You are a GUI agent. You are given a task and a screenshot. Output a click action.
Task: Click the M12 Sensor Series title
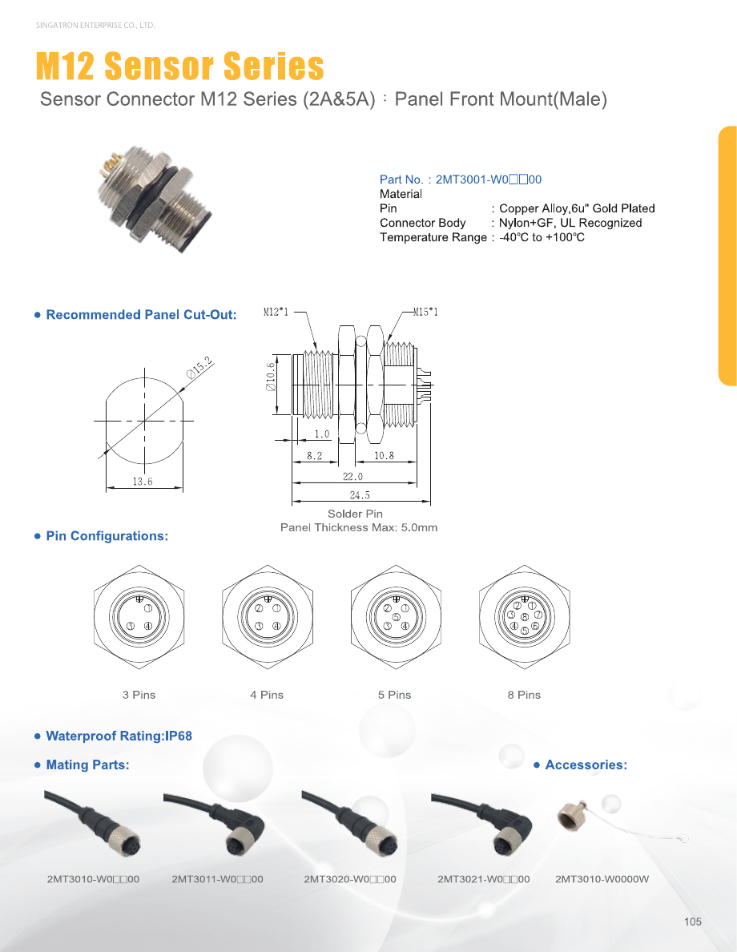pyautogui.click(x=179, y=66)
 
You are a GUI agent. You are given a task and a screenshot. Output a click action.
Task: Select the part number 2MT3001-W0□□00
pyautogui.click(x=489, y=180)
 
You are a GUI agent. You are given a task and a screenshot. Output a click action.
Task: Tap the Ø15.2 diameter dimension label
pyautogui.click(x=199, y=368)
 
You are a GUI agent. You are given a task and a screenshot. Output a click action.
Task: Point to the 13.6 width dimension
pyautogui.click(x=143, y=482)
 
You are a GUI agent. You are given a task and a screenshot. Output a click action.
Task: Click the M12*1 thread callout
pyautogui.click(x=276, y=312)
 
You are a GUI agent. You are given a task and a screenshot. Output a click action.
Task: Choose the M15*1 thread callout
pyautogui.click(x=425, y=312)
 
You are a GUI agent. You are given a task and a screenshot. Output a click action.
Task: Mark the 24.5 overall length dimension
pyautogui.click(x=360, y=494)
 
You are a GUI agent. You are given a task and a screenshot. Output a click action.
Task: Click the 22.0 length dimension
pyautogui.click(x=352, y=477)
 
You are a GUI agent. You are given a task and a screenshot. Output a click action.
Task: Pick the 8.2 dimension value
pyautogui.click(x=315, y=455)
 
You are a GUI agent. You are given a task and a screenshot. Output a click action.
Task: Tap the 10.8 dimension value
pyautogui.click(x=384, y=455)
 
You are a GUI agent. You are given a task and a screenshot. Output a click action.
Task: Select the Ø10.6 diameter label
pyautogui.click(x=271, y=377)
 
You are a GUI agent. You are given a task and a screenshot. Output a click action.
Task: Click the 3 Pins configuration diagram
pyautogui.click(x=139, y=617)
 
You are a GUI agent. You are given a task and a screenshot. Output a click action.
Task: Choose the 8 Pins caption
pyautogui.click(x=524, y=695)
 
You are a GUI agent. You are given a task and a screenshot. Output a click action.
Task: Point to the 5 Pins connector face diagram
pyautogui.click(x=396, y=617)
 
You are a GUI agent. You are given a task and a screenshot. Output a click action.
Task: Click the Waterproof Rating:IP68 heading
pyautogui.click(x=119, y=736)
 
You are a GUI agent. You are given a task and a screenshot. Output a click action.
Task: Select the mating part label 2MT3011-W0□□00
pyautogui.click(x=217, y=879)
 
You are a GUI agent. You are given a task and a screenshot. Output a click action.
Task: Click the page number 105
pyautogui.click(x=693, y=922)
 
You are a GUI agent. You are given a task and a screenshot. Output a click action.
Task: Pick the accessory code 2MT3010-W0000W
pyautogui.click(x=602, y=879)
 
